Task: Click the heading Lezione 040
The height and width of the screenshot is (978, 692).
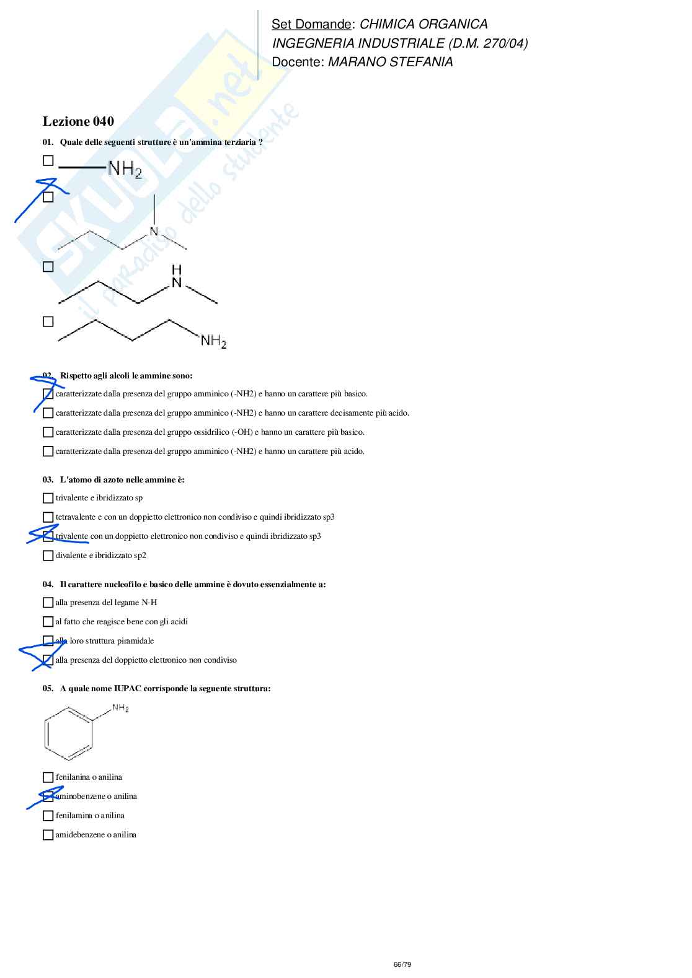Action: [78, 121]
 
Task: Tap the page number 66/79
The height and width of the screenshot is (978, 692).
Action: [402, 964]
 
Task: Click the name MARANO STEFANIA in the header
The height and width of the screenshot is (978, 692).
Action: [390, 62]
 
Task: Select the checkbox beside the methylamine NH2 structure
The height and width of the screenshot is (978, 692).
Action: [48, 160]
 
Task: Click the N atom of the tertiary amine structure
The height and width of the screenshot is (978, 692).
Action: [154, 232]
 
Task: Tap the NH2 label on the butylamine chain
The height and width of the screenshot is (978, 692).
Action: [213, 341]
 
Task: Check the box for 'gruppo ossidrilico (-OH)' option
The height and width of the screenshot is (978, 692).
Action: [48, 432]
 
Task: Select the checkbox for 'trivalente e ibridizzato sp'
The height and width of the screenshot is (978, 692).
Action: [48, 498]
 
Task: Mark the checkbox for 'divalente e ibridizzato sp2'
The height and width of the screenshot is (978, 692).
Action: [48, 556]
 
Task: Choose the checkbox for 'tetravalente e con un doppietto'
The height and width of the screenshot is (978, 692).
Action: [48, 517]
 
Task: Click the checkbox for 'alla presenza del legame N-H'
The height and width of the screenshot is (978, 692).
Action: [48, 603]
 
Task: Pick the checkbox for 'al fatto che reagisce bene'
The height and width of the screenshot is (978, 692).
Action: [48, 622]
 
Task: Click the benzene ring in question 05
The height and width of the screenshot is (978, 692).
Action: [68, 735]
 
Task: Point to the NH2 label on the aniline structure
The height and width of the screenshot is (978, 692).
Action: [120, 708]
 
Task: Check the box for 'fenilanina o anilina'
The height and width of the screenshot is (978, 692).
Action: [48, 777]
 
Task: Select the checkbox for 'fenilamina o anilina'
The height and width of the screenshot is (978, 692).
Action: [48, 816]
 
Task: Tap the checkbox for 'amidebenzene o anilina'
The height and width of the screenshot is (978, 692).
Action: [48, 835]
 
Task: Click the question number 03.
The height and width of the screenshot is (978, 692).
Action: [48, 479]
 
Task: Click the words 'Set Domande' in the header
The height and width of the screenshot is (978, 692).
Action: [311, 24]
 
